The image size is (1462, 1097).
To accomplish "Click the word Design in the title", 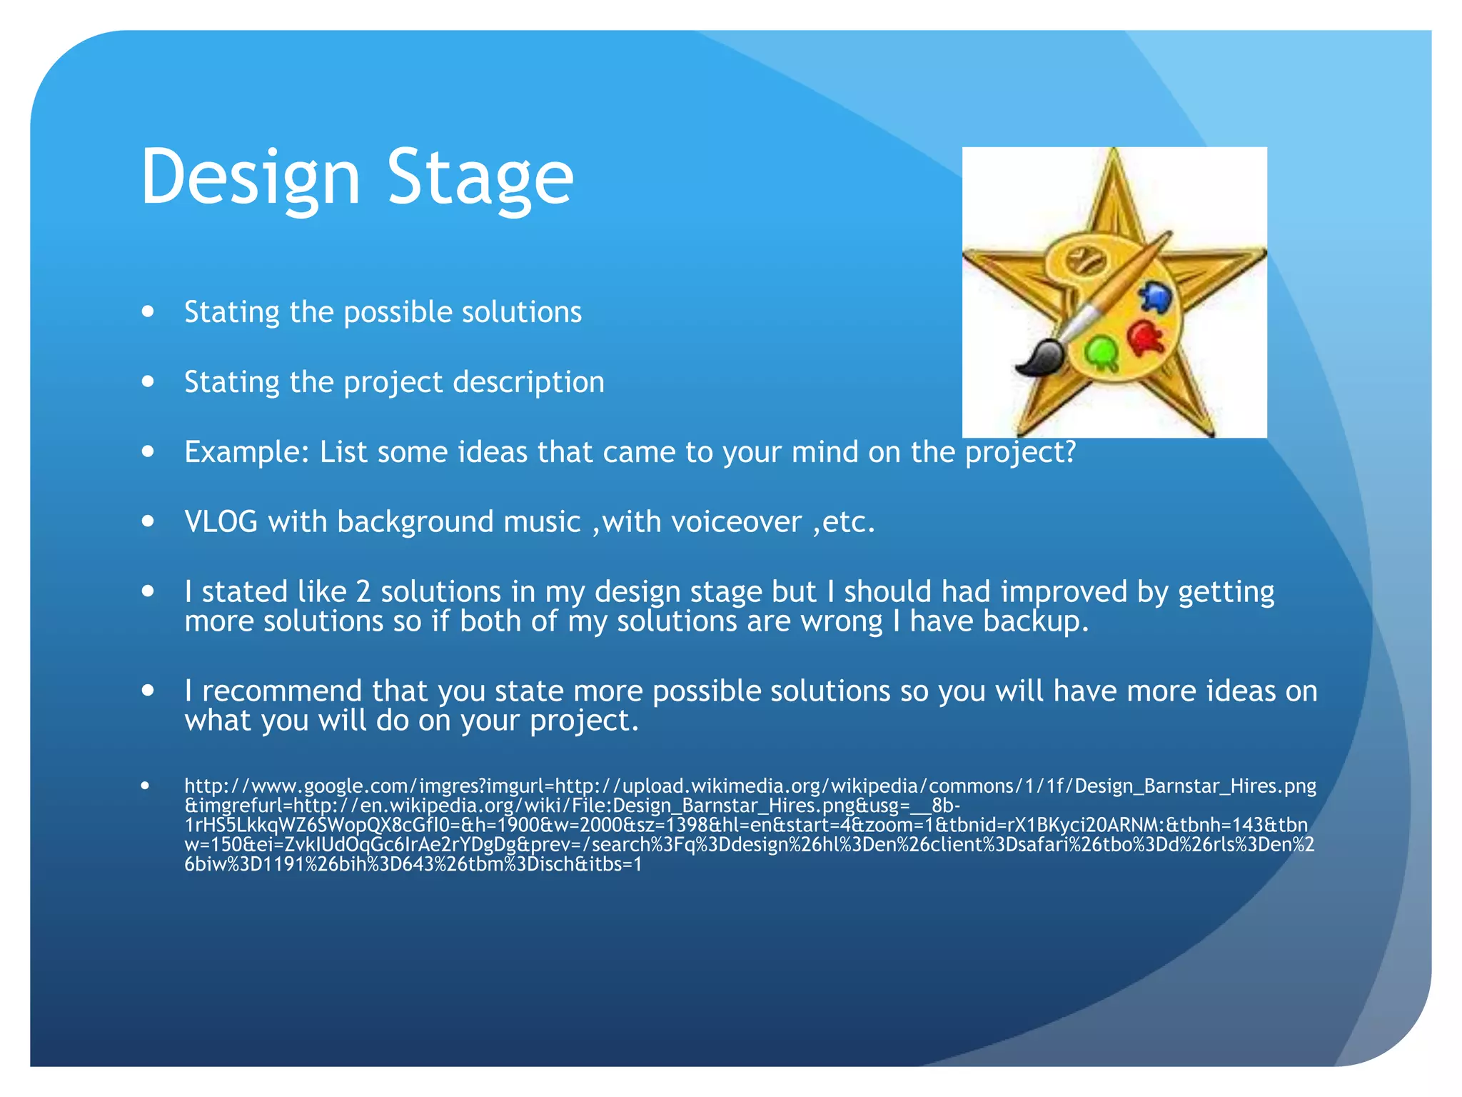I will click(x=250, y=177).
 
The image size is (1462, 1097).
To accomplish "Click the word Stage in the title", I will click(x=480, y=177).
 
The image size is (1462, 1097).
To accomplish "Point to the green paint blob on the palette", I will click(x=1101, y=352).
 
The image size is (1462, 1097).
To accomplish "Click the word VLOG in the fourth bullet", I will click(x=221, y=522).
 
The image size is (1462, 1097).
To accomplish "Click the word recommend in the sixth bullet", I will click(x=282, y=691).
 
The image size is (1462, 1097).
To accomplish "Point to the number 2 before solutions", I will click(x=363, y=592).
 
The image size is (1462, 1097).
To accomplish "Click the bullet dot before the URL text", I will click(x=146, y=786).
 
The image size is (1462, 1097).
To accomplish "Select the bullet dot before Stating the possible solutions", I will click(x=148, y=311).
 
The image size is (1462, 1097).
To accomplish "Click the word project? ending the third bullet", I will click(x=1020, y=453).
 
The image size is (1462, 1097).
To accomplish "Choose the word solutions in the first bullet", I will click(x=522, y=312).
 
